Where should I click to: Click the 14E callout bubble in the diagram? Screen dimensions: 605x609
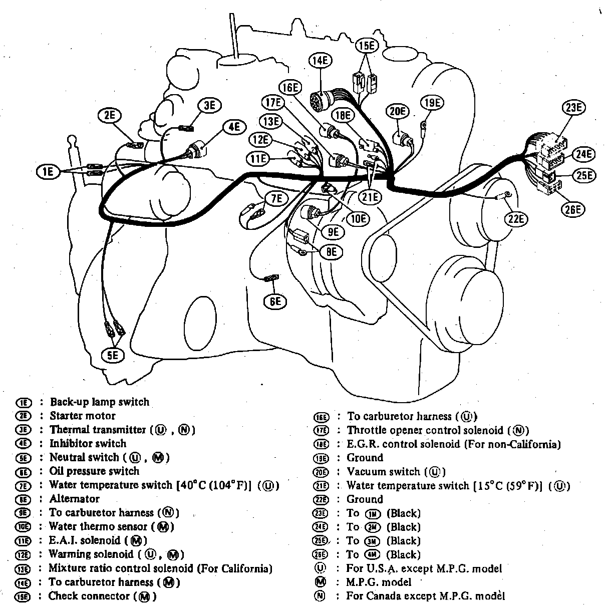tap(321, 61)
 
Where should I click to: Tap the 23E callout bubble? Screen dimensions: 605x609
tap(573, 108)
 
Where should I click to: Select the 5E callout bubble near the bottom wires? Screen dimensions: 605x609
tap(113, 356)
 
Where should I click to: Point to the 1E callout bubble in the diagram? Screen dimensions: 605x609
tap(48, 172)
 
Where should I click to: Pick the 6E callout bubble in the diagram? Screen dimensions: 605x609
tap(275, 301)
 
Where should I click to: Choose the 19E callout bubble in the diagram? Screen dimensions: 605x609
tap(432, 103)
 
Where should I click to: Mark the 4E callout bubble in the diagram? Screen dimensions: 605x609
tap(234, 127)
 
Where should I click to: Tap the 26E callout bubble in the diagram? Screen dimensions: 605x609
tap(573, 210)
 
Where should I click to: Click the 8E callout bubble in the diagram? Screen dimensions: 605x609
tap(332, 252)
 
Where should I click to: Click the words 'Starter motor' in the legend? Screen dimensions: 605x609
tap(83, 416)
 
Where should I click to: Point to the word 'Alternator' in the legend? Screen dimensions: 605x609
tap(75, 499)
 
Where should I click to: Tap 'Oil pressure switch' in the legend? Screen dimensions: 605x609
tap(94, 471)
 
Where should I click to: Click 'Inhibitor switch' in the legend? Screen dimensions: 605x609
tap(88, 443)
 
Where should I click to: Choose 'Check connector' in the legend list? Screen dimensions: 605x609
tap(89, 596)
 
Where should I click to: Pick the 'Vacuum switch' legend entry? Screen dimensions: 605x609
tap(383, 472)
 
